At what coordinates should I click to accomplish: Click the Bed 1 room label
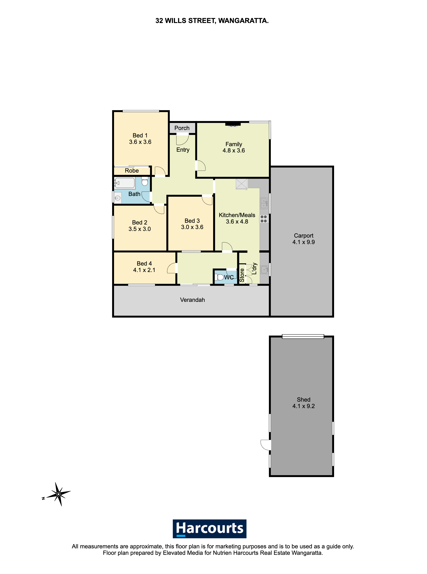(140, 136)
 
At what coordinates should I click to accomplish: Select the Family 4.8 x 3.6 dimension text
(234, 151)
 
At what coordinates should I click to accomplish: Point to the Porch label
(182, 128)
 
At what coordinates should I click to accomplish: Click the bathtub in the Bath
(125, 183)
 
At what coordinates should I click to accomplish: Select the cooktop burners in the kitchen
(264, 219)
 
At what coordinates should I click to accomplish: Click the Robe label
(132, 171)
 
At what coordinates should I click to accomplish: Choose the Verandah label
(193, 300)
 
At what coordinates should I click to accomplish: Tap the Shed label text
(304, 400)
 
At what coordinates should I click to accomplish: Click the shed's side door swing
(266, 445)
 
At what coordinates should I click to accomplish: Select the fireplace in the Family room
(233, 124)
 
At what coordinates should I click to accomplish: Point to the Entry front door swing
(182, 140)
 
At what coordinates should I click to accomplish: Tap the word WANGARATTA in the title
(243, 21)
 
